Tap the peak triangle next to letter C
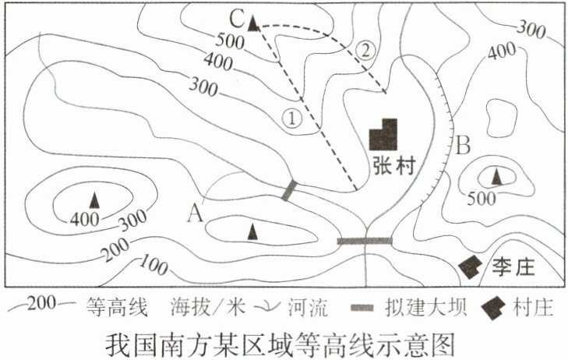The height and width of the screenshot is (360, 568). pyautogui.click(x=253, y=23)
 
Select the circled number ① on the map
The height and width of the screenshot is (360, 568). pyautogui.click(x=291, y=118)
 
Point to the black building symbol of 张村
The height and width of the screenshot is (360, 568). pyautogui.click(x=384, y=135)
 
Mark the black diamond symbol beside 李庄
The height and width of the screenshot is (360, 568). pyautogui.click(x=469, y=267)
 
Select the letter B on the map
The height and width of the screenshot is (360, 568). pyautogui.click(x=464, y=146)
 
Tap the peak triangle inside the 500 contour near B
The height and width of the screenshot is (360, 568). pyautogui.click(x=496, y=177)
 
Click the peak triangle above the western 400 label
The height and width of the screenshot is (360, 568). pyautogui.click(x=93, y=199)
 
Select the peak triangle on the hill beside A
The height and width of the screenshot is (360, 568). pyautogui.click(x=251, y=231)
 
